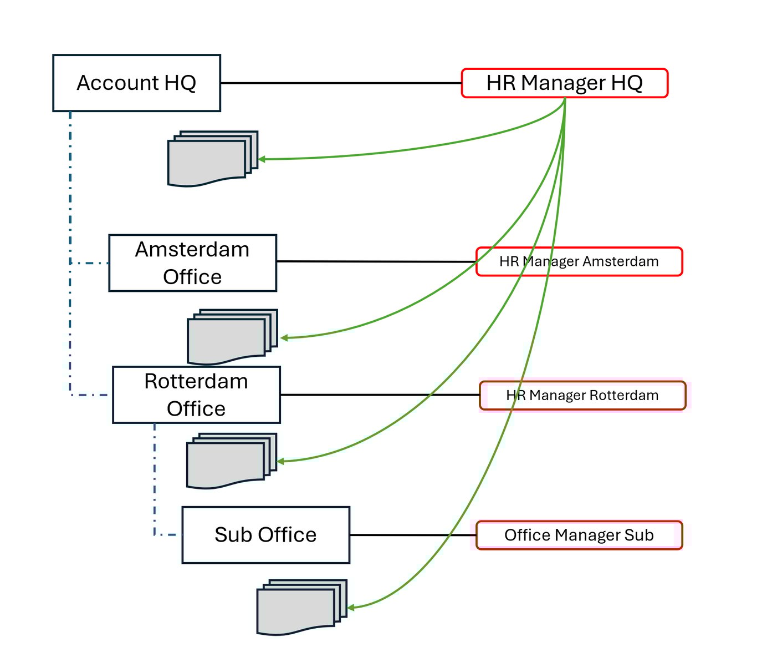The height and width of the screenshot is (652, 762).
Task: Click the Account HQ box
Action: point(136,83)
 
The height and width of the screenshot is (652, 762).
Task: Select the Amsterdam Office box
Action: point(192,263)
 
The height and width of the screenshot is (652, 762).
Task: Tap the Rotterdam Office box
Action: point(196,395)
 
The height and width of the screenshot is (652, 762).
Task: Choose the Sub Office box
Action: point(265,535)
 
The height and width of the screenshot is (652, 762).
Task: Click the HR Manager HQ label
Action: point(564,83)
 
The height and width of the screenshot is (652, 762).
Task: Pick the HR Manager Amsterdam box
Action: point(579,262)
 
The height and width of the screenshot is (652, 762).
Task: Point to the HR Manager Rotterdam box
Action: point(582,396)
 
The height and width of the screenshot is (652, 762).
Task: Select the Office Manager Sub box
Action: point(579,535)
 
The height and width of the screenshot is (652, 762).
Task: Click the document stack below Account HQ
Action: point(211,160)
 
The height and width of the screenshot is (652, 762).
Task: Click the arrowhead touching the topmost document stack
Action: point(262,159)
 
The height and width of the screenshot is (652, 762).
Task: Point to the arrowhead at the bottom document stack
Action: point(351,608)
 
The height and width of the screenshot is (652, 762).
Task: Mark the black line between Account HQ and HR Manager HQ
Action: point(341,83)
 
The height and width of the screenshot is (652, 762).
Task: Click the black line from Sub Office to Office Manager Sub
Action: point(413,535)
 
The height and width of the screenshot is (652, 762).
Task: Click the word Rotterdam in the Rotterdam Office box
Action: point(196,382)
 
